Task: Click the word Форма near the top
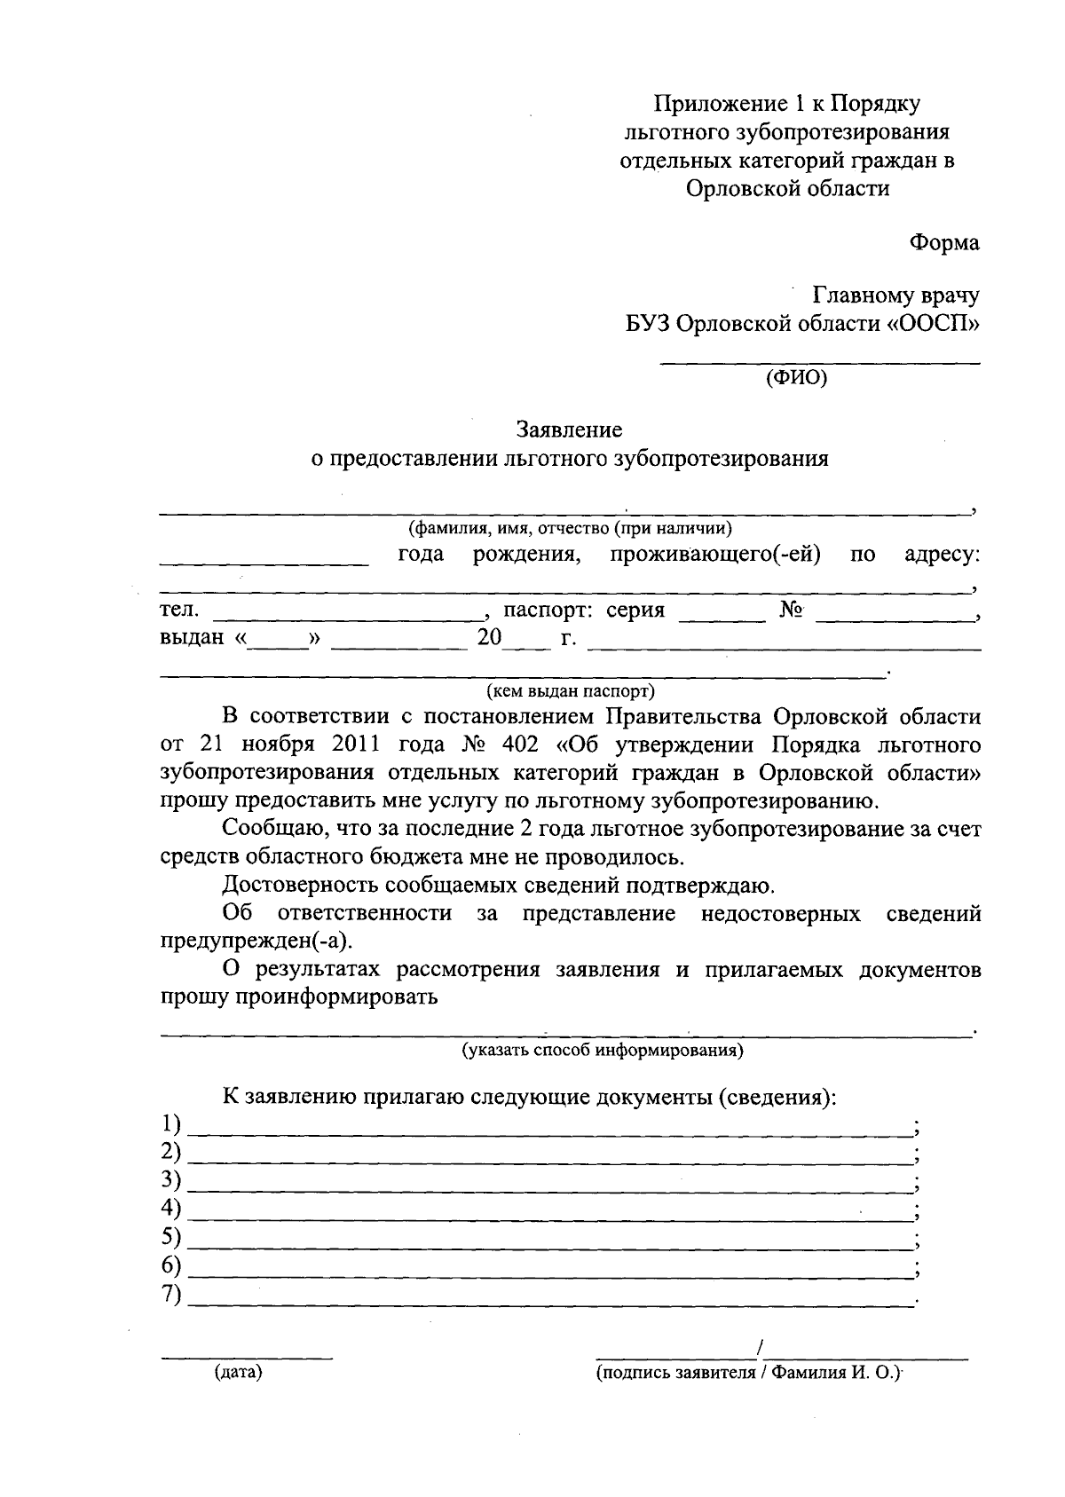coord(944,242)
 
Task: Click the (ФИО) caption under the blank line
coord(796,378)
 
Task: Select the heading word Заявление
coord(570,430)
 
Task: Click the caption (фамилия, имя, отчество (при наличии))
coord(570,529)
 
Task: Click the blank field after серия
coord(722,618)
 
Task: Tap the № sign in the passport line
coord(792,611)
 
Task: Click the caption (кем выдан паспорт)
coord(570,689)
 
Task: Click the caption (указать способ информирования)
coord(602,1051)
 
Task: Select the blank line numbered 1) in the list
coord(550,1134)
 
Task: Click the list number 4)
coord(170,1209)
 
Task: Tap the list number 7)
coord(170,1295)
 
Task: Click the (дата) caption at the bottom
coord(238,1373)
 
